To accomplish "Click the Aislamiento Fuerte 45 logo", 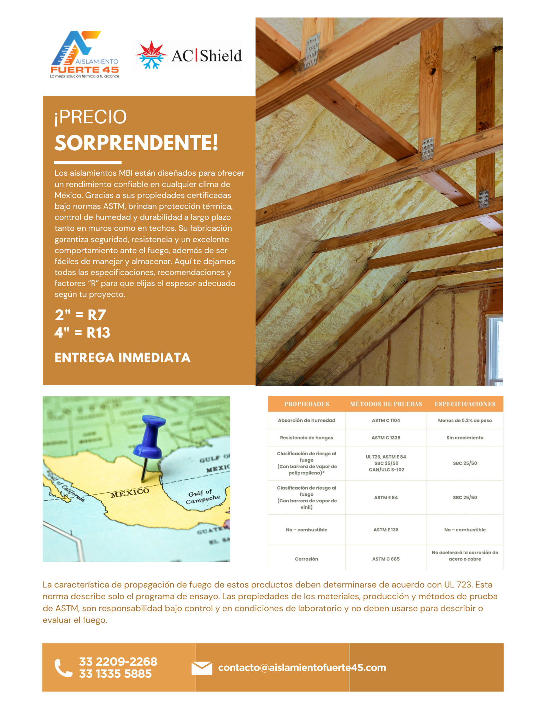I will point(85,54).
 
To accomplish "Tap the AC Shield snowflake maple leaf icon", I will point(151,55).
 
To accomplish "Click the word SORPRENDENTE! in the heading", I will point(136,143).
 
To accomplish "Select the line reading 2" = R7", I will point(81,315).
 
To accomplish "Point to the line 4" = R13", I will point(82,333).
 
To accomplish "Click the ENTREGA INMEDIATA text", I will point(122,358).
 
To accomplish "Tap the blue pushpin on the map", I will point(150,438).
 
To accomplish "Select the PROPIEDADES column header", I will point(306,404).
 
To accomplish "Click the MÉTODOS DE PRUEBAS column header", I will point(386,404).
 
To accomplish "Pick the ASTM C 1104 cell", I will point(386,420).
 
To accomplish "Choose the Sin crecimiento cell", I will point(465,438).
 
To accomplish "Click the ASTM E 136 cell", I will point(386,530).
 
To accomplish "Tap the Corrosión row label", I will point(306,559).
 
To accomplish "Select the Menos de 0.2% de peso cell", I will point(465,420).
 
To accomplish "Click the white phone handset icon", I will point(64,668).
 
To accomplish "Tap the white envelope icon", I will point(202,668).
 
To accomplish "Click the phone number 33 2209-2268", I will point(118,661).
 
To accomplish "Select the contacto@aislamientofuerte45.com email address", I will point(302,668).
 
